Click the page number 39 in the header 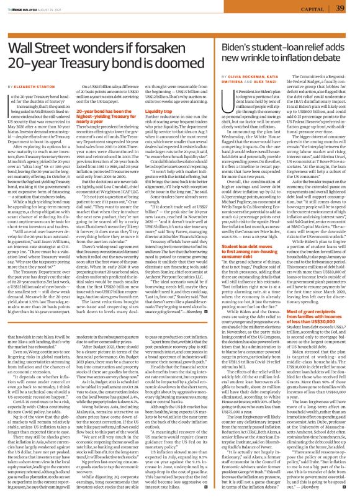click(x=340, y=7)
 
